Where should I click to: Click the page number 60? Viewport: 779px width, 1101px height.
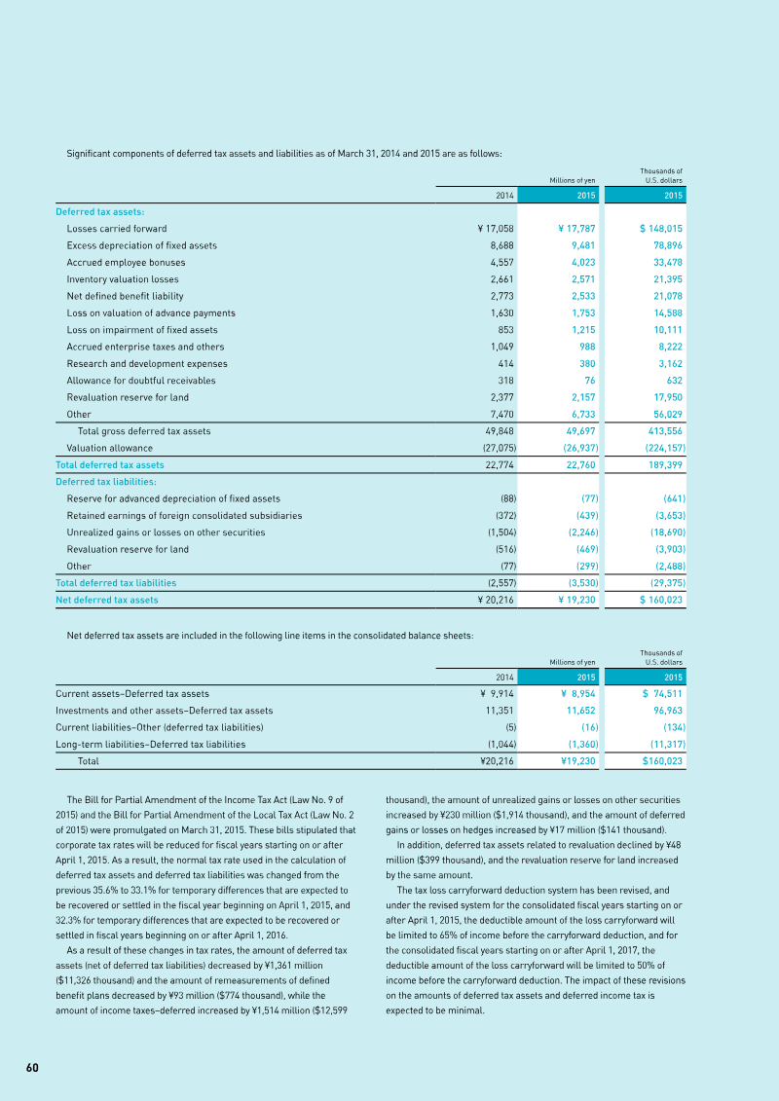[x=32, y=1068]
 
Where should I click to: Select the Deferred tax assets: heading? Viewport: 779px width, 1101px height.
[x=100, y=211]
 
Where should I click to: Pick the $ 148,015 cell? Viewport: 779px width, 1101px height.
[x=662, y=229]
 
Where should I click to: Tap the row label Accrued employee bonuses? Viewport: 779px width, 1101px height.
[x=126, y=262]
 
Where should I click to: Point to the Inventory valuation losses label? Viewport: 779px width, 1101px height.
[x=123, y=279]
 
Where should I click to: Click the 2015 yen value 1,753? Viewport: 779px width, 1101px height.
[x=581, y=312]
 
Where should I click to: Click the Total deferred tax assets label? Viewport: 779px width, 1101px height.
[x=110, y=464]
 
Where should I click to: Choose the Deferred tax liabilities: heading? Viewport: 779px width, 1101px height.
[x=106, y=482]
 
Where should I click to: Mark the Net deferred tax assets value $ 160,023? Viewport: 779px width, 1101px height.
[x=661, y=600]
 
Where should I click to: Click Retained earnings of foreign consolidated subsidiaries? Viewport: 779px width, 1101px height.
[x=184, y=515]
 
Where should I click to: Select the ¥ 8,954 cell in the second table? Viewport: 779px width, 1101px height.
[x=577, y=694]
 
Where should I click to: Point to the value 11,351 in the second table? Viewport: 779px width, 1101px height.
[x=500, y=711]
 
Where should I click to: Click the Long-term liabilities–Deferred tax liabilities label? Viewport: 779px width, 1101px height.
[x=151, y=744]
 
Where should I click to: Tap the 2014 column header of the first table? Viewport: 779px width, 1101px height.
[x=504, y=195]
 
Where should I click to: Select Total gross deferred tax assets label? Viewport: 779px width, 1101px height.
[x=144, y=431]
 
